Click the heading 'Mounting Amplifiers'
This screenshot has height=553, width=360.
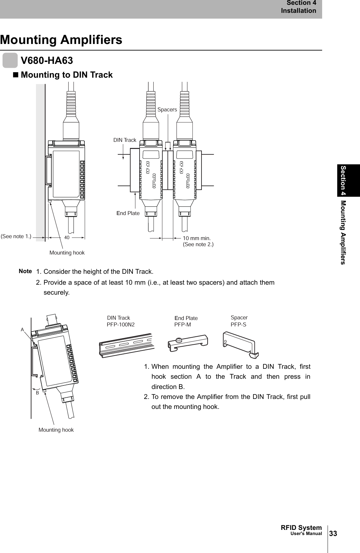click(61, 40)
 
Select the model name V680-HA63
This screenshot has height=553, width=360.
click(47, 60)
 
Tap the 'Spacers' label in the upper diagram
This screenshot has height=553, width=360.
click(167, 110)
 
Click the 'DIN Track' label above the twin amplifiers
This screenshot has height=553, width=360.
click(125, 140)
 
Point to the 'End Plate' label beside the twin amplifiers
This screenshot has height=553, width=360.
click(128, 213)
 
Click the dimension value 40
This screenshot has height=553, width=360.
click(67, 238)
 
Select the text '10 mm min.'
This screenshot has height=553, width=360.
click(197, 238)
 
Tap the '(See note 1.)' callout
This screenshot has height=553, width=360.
click(16, 237)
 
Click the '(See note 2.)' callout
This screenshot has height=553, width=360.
click(198, 245)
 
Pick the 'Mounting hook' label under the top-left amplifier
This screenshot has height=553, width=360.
click(67, 253)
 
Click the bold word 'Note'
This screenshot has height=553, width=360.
click(25, 271)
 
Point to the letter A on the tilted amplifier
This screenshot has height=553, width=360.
click(22, 329)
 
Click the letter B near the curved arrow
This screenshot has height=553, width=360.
click(37, 393)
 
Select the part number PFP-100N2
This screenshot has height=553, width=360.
click(121, 324)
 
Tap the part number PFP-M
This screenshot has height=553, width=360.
click(183, 324)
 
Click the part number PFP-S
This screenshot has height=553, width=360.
click(239, 324)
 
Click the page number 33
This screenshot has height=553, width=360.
click(333, 534)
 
